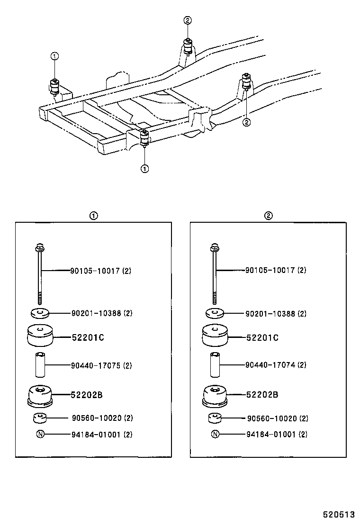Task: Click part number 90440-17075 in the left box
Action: pyautogui.click(x=101, y=365)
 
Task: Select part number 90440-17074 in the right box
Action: pyautogui.click(x=276, y=365)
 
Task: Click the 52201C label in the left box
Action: pyautogui.click(x=88, y=338)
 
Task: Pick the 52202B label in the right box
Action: pyautogui.click(x=262, y=394)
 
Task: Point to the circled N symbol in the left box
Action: pyautogui.click(x=40, y=434)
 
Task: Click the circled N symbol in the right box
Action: pyautogui.click(x=215, y=434)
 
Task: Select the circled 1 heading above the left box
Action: pyautogui.click(x=94, y=216)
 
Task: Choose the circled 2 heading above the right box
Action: pyautogui.click(x=268, y=216)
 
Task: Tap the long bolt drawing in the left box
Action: pyautogui.click(x=40, y=273)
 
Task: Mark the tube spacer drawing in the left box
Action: pyautogui.click(x=40, y=365)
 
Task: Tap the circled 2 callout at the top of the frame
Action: pyautogui.click(x=188, y=20)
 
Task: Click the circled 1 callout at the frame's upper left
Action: pyautogui.click(x=54, y=56)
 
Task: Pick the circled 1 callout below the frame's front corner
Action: pyautogui.click(x=144, y=168)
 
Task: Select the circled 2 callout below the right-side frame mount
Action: pyautogui.click(x=246, y=122)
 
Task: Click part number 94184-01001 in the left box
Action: pyautogui.click(x=101, y=435)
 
